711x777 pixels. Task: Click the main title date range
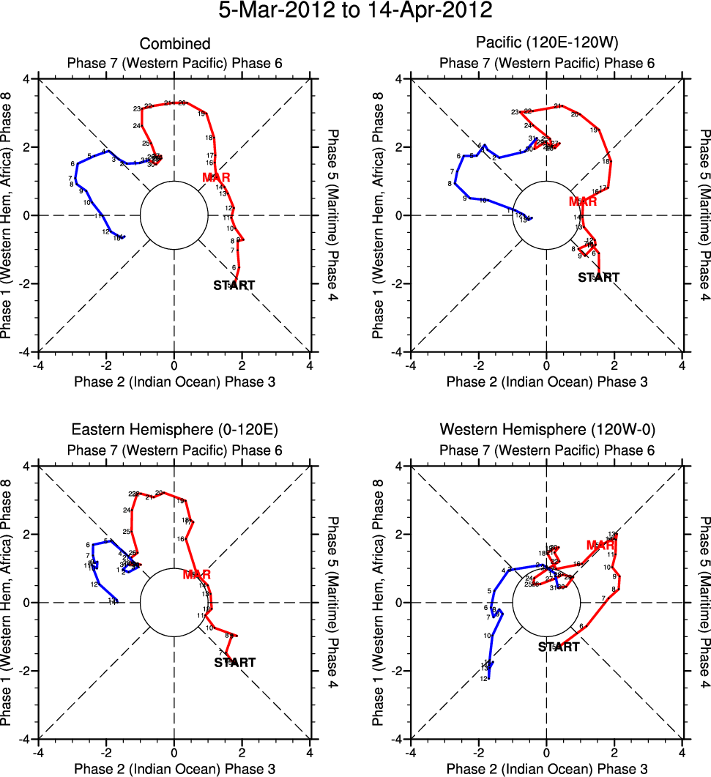356,12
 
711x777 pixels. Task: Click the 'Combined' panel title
174,44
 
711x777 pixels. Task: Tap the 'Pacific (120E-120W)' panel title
546,44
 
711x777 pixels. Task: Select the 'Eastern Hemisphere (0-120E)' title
174,429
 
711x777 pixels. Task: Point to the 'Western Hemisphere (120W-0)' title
546,429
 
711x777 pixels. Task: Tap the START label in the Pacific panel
598,278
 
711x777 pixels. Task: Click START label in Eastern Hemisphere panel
234,662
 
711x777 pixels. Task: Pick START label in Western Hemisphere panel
559,647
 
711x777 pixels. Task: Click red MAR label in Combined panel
217,177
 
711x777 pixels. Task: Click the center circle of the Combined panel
174,215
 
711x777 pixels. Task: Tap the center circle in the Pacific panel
546,215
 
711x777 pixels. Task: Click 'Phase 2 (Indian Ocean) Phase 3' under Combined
174,382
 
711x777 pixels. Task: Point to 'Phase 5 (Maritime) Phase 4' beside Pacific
703,215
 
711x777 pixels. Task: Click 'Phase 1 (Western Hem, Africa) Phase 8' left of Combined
9,215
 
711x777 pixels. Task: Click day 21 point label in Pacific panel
557,107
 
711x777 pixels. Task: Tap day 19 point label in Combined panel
201,114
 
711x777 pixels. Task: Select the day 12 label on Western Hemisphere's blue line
483,679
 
